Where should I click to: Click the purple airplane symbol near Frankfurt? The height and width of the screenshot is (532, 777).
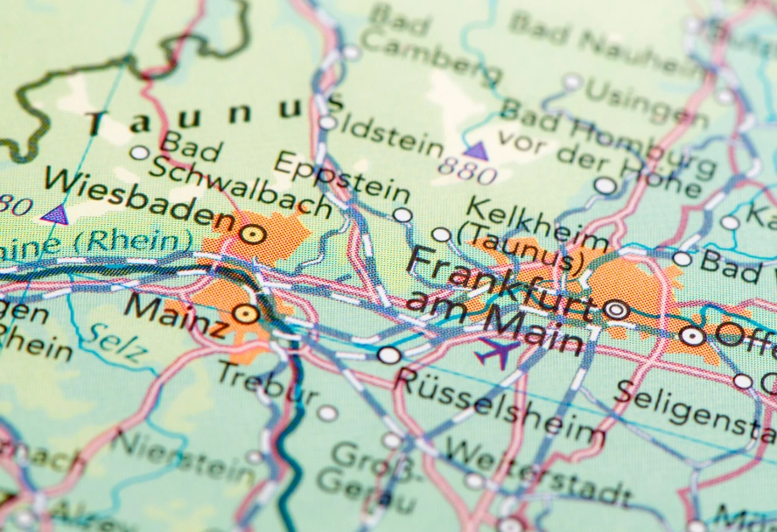pyautogui.click(x=497, y=353)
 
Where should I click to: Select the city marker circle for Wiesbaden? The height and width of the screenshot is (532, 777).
pyautogui.click(x=253, y=234)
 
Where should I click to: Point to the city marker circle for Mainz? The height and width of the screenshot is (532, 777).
pyautogui.click(x=246, y=313)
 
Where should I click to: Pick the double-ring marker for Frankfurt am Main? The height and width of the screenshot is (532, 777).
pyautogui.click(x=616, y=309)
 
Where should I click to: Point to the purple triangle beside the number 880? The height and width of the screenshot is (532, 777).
pyautogui.click(x=476, y=151)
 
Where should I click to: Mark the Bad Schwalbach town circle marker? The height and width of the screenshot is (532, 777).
pyautogui.click(x=139, y=152)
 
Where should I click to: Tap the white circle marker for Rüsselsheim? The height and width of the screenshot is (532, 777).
pyautogui.click(x=389, y=354)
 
